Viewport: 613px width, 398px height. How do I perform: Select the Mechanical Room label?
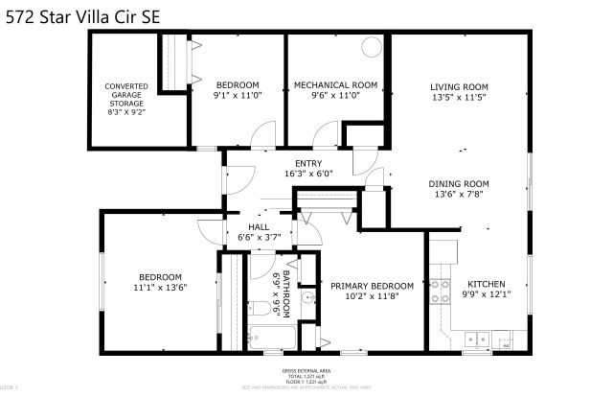[334, 85]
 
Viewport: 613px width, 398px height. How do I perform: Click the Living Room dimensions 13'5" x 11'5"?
[458, 97]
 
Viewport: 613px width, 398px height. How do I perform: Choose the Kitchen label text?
[486, 285]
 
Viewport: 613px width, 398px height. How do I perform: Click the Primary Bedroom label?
[372, 286]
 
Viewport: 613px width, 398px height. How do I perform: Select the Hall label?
[258, 226]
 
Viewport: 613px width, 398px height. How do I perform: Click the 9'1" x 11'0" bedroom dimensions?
[237, 97]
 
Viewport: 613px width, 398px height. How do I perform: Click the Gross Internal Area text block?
[306, 376]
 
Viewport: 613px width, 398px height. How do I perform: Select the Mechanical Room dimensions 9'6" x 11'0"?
[334, 97]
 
